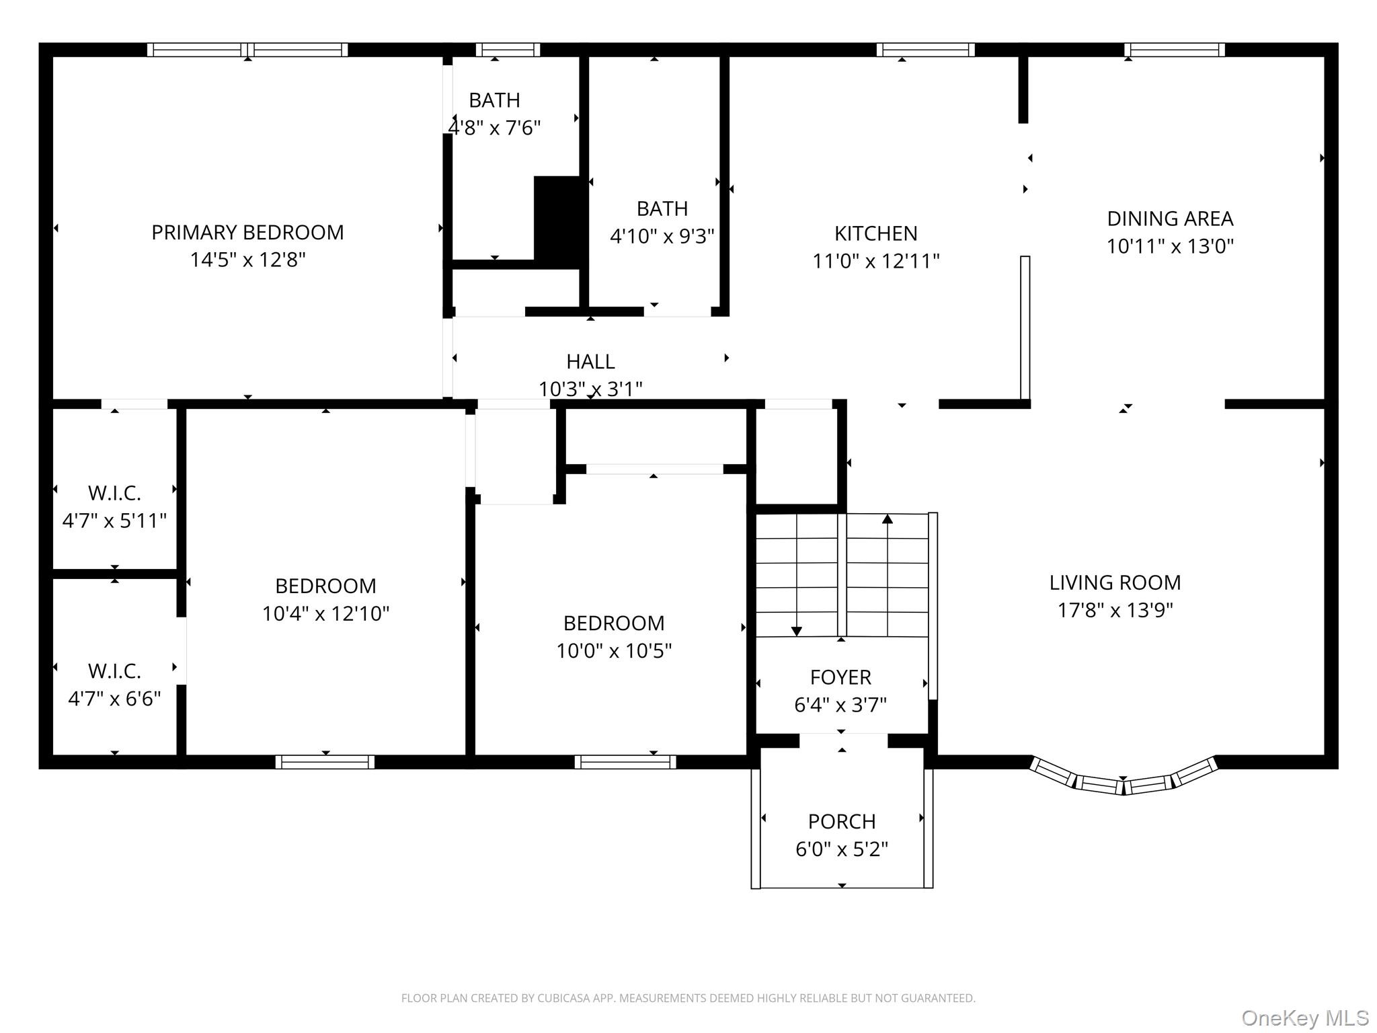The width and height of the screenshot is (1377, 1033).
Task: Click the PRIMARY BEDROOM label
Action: pyautogui.click(x=247, y=233)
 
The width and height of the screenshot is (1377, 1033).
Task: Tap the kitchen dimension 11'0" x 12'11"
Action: pyautogui.click(x=875, y=261)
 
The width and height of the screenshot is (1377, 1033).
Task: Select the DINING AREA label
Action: pyautogui.click(x=1170, y=219)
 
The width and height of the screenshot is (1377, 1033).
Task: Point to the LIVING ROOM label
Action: pyautogui.click(x=1115, y=582)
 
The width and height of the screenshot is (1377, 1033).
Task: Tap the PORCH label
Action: pyautogui.click(x=842, y=821)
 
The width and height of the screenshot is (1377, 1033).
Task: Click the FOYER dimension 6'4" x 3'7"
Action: pyautogui.click(x=840, y=705)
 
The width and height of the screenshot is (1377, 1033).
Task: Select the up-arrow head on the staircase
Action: pyautogui.click(x=888, y=519)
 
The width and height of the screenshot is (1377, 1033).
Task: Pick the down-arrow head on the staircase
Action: pyautogui.click(x=797, y=631)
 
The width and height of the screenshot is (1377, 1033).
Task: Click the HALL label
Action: pyautogui.click(x=590, y=362)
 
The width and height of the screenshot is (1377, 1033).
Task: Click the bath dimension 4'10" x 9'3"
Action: pyautogui.click(x=662, y=236)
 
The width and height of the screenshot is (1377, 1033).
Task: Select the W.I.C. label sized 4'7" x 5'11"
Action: pyautogui.click(x=114, y=493)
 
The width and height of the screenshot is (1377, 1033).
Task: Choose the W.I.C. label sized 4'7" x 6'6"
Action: pyautogui.click(x=114, y=671)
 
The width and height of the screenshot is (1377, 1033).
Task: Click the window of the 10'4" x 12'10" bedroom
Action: pyautogui.click(x=325, y=761)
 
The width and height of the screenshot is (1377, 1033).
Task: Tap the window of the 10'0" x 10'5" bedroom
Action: pyautogui.click(x=625, y=761)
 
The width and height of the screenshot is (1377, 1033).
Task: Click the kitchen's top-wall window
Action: pyautogui.click(x=925, y=50)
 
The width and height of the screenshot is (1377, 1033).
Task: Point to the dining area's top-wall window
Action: pyautogui.click(x=1174, y=50)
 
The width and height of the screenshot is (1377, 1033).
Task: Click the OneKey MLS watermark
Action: pyautogui.click(x=1304, y=1018)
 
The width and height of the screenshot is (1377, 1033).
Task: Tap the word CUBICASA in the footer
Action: pyautogui.click(x=563, y=998)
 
